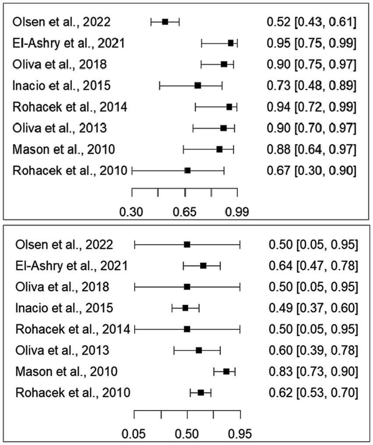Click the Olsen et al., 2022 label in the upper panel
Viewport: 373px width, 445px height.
[x=61, y=21]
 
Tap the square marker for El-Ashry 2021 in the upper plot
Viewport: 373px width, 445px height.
[x=231, y=43]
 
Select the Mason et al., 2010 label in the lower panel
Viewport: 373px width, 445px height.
[x=66, y=372]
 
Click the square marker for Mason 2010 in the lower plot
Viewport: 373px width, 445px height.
[x=226, y=371]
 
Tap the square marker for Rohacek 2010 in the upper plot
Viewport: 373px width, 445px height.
[x=188, y=170]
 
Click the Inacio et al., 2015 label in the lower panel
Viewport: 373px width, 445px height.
[x=64, y=308]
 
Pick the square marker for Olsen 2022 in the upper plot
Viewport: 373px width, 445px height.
[x=165, y=21]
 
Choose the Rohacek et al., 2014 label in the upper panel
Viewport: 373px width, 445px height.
[x=70, y=107]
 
